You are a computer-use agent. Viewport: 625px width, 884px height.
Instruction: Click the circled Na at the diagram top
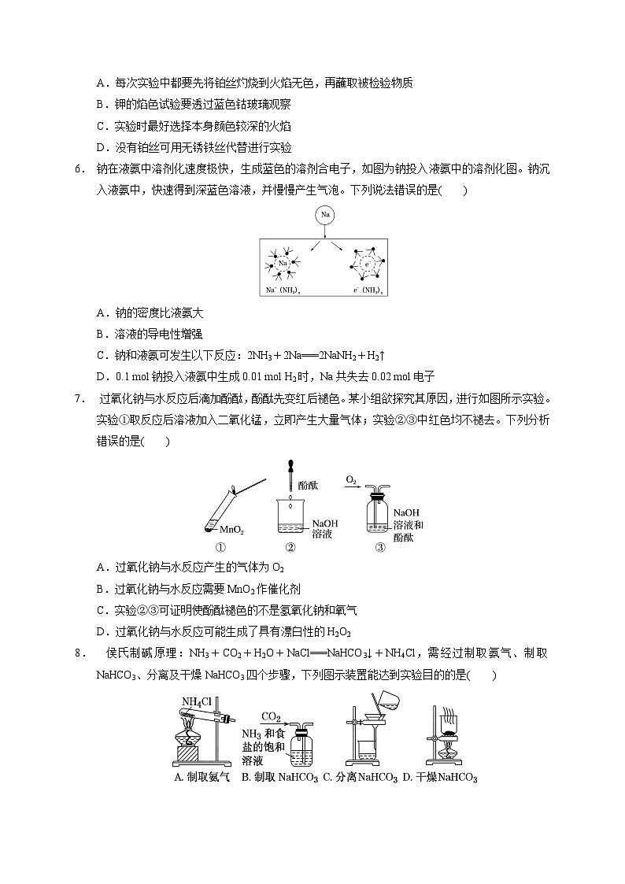(x=324, y=215)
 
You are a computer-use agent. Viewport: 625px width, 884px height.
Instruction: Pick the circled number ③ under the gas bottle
(x=380, y=548)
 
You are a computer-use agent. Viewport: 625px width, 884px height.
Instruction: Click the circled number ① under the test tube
(x=220, y=548)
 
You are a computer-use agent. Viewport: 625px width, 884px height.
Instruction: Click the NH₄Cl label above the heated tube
(x=195, y=702)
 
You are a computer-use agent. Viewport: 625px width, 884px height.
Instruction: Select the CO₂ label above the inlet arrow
(x=272, y=717)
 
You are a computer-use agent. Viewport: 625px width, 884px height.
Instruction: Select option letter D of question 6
(x=101, y=376)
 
